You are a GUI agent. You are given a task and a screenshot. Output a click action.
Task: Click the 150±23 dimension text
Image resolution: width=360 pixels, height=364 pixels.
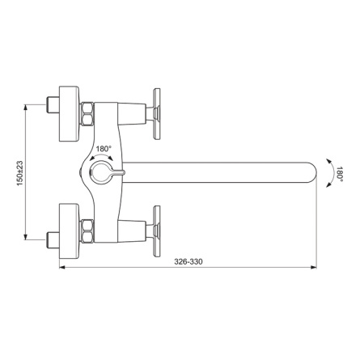tap(20, 173)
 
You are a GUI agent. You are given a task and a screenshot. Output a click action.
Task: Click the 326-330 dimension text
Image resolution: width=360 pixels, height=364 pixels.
tap(188, 261)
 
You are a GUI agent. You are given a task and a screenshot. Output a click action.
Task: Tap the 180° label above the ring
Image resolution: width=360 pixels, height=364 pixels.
tap(104, 149)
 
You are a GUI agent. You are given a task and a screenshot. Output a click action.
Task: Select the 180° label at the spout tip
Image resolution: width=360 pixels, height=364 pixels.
tap(340, 174)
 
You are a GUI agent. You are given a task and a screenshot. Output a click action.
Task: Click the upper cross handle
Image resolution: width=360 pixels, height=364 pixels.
tap(156, 114)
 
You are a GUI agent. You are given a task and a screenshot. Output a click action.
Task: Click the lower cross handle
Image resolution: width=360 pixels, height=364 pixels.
tap(156, 231)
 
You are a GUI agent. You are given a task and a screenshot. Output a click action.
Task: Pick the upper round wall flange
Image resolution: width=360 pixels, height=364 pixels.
tap(69, 113)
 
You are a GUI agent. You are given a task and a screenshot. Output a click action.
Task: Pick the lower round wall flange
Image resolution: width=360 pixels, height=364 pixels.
tap(69, 231)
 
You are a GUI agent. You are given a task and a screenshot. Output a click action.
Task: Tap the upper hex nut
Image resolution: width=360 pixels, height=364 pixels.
tap(87, 113)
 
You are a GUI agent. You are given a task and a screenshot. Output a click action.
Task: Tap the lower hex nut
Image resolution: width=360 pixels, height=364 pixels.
tap(87, 231)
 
